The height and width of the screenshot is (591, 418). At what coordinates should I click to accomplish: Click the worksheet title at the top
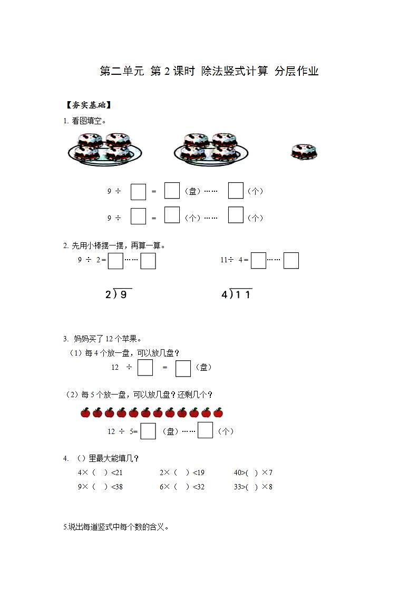coord(209,72)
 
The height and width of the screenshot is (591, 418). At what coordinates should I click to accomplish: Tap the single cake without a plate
coord(304,152)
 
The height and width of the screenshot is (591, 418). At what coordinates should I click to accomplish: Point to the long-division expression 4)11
coord(237,294)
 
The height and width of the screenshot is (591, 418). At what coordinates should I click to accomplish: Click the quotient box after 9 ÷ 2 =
coord(115,261)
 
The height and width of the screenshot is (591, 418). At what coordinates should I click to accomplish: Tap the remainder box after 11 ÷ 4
coord(291,261)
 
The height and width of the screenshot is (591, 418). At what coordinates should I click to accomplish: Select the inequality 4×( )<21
coord(100,472)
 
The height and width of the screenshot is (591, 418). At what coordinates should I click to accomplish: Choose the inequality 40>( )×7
coord(253,472)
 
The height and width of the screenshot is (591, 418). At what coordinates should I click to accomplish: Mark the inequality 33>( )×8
coord(253,487)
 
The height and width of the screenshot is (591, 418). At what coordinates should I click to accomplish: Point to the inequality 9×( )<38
coord(100,487)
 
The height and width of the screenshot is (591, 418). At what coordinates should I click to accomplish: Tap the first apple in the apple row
coord(85,412)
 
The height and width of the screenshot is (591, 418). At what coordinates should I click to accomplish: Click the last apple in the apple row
coord(218,412)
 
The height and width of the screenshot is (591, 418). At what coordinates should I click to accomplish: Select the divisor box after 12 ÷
coord(145,368)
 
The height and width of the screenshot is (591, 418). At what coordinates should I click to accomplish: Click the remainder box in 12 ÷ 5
coord(205,430)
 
